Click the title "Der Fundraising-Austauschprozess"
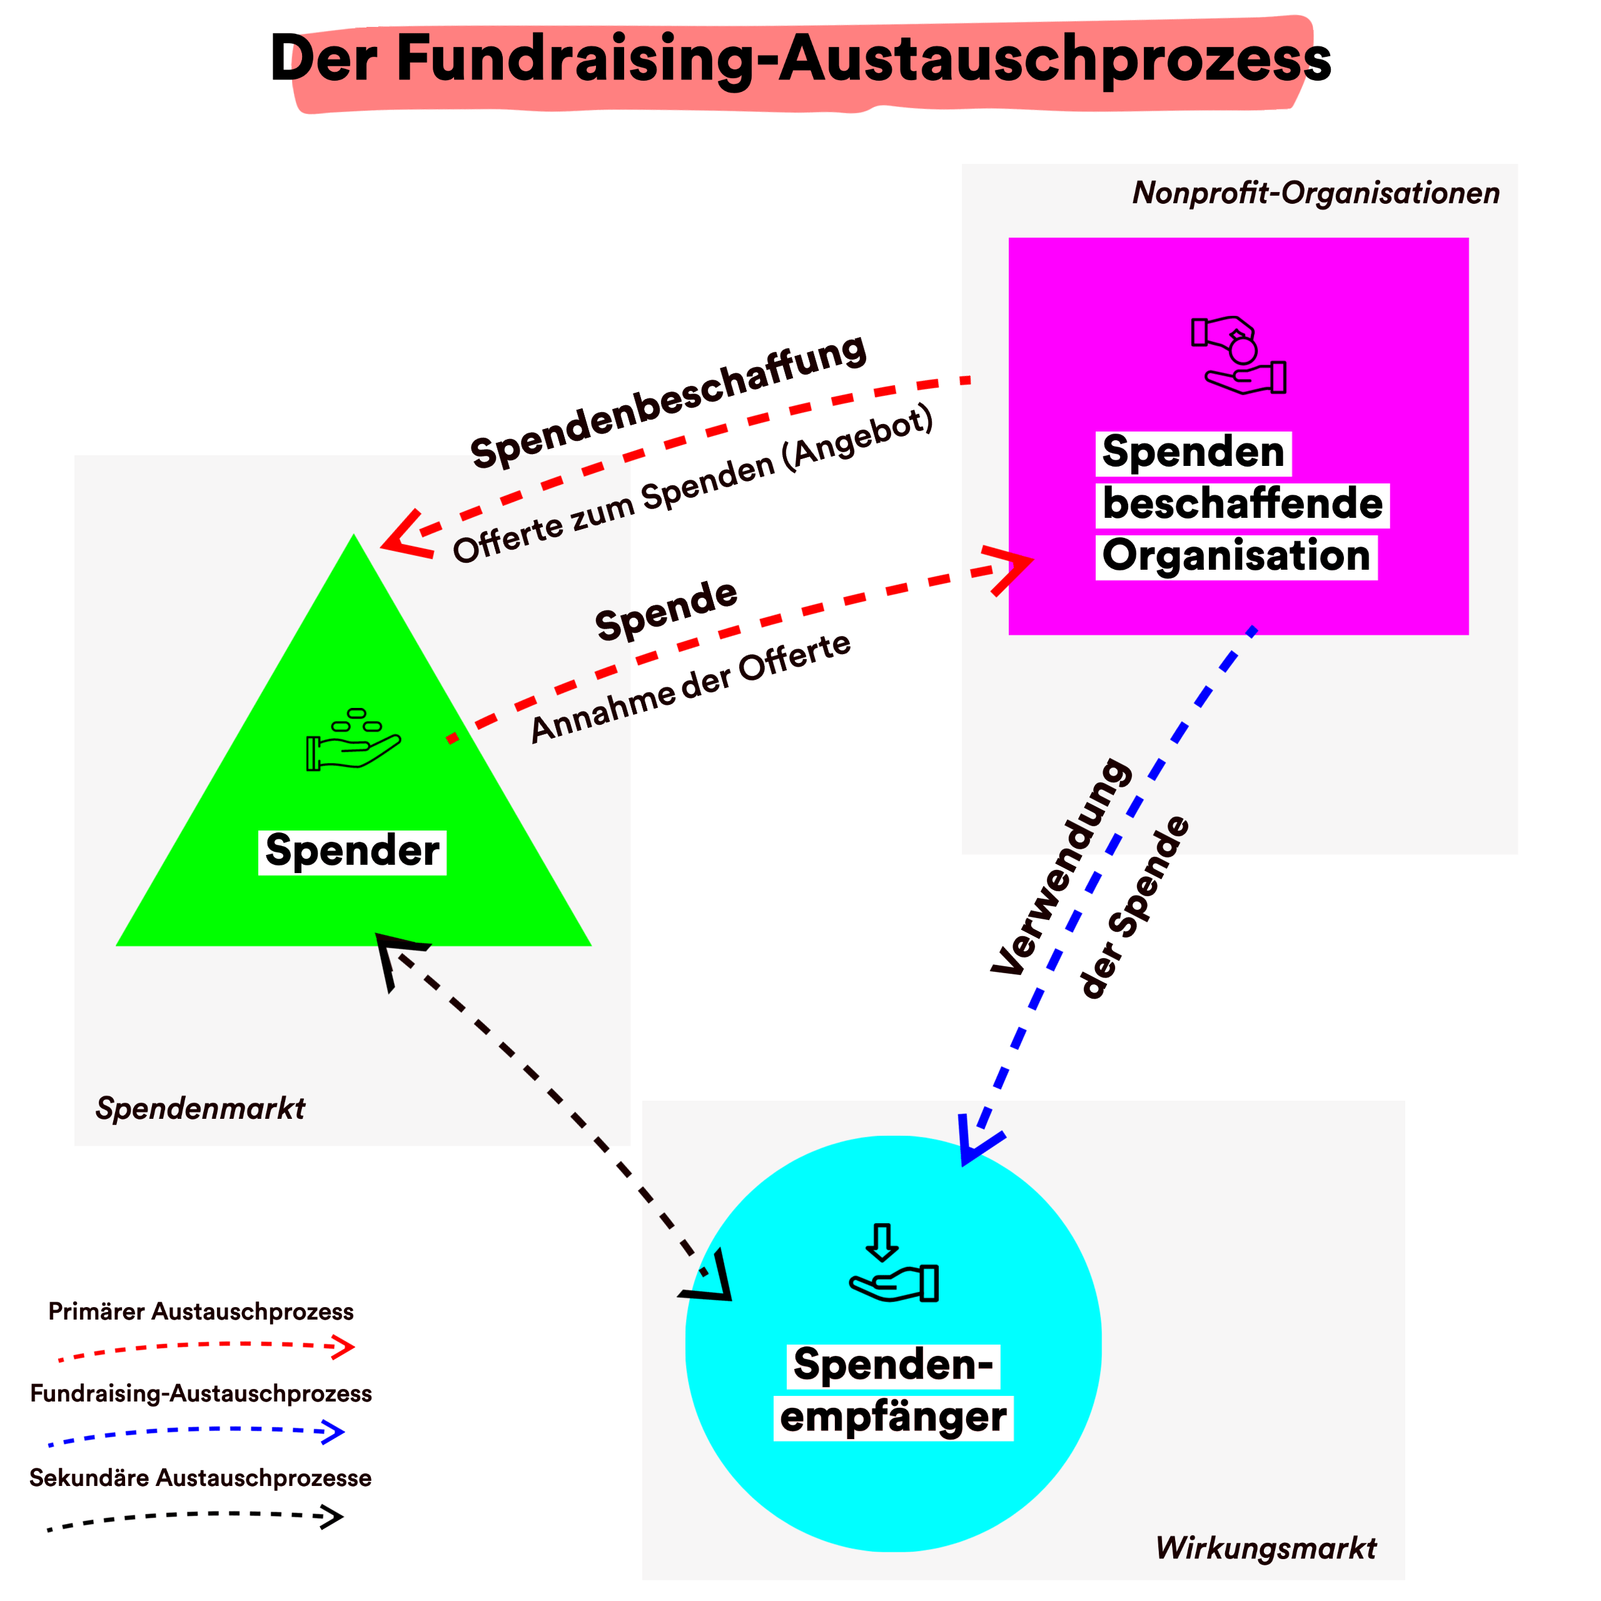tap(800, 59)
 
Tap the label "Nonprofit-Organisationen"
tap(1316, 193)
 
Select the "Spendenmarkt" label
tap(201, 1108)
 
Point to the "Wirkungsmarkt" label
tap(1265, 1547)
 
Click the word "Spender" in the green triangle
tap(352, 851)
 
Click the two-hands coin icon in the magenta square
tap(1239, 355)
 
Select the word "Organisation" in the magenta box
tap(1236, 556)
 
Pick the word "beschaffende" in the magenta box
tap(1242, 505)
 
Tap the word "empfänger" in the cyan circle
tap(893, 1417)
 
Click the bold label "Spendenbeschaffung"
tap(668, 403)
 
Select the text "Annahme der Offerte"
tap(691, 688)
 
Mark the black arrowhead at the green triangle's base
tap(396, 953)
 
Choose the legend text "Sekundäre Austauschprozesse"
tap(201, 1478)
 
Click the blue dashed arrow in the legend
tap(197, 1433)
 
